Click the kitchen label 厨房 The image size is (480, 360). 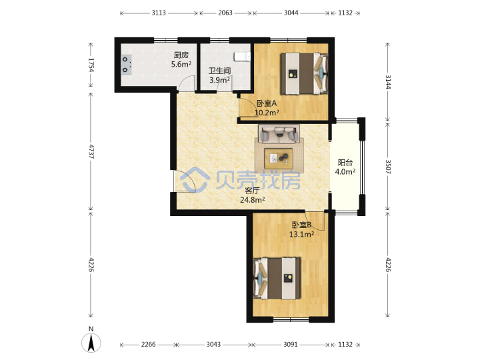[181, 55]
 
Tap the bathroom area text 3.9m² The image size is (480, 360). [219, 80]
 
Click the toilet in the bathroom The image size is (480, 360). [242, 56]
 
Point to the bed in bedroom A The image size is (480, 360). [304, 73]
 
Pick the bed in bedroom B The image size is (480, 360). [277, 278]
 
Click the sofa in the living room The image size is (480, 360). [279, 134]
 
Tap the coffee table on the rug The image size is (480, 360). [279, 158]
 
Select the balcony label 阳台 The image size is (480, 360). [345, 163]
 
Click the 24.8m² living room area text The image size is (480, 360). [252, 200]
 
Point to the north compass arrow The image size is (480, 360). [91, 342]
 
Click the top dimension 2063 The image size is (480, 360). [225, 13]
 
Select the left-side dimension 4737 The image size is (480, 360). [91, 151]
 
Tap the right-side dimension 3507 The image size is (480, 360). [388, 167]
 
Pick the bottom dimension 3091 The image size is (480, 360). [290, 345]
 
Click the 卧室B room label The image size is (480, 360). [301, 225]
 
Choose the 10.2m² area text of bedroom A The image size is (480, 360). [267, 113]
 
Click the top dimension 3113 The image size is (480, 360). [159, 13]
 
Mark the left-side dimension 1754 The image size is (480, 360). [91, 65]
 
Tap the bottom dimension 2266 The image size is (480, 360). [148, 345]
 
